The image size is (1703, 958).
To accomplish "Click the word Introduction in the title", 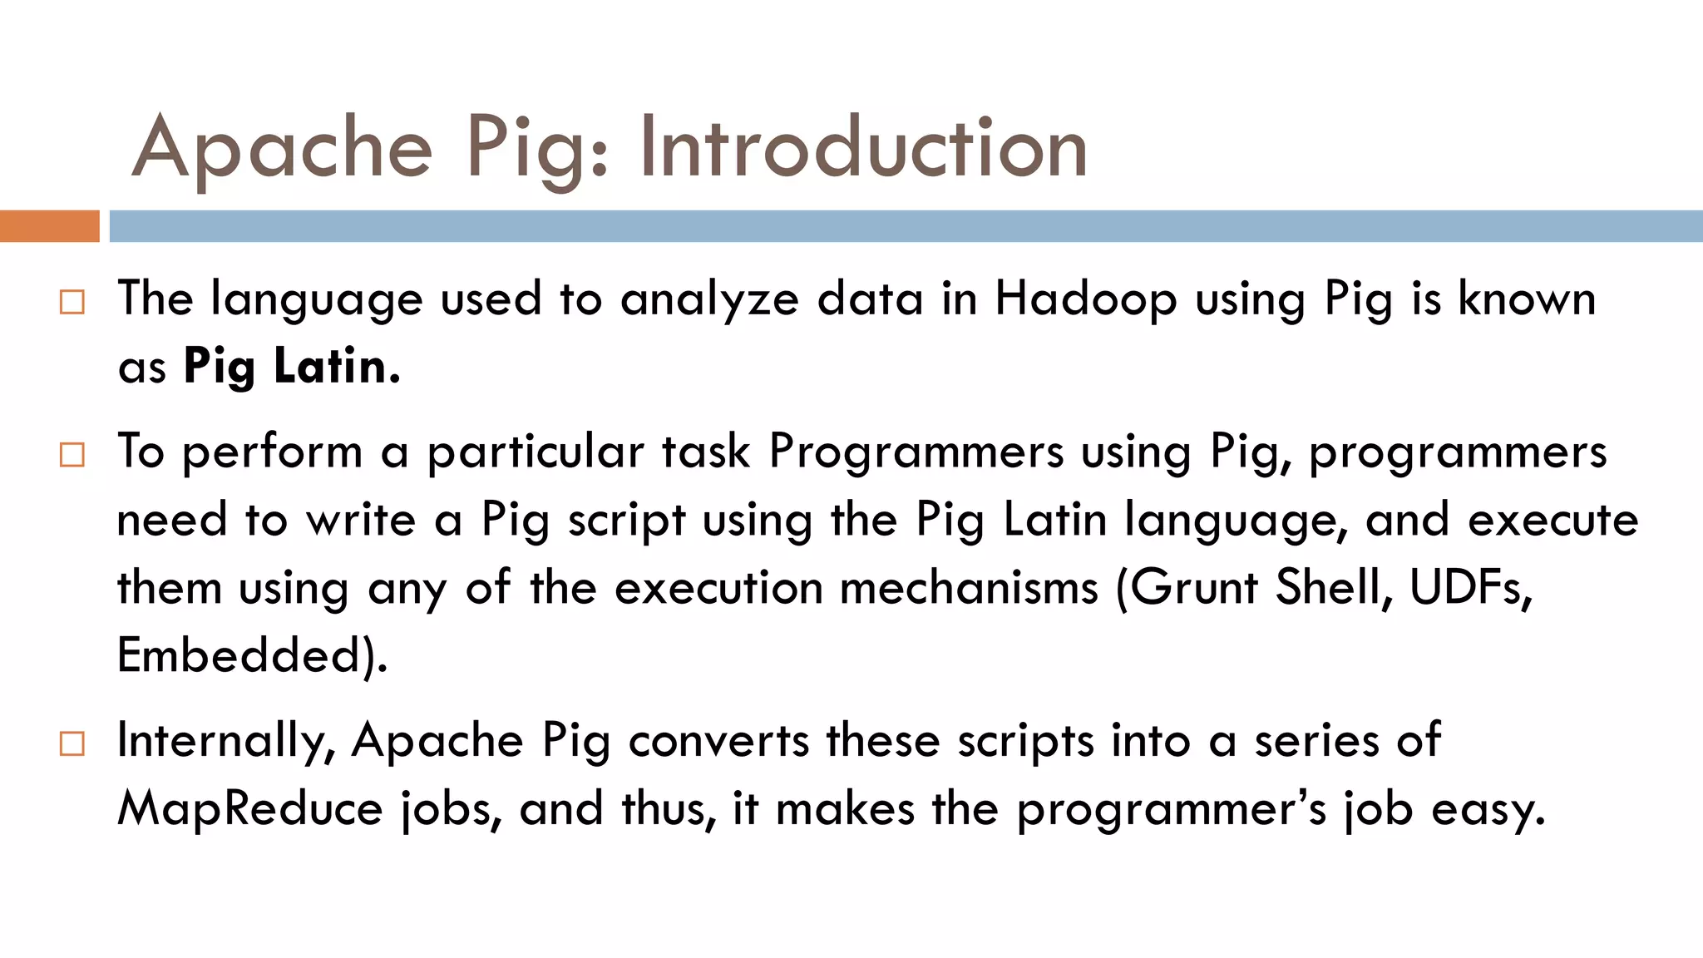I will tap(862, 148).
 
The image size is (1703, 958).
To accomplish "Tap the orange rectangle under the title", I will tap(49, 226).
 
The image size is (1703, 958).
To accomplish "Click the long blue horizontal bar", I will tap(906, 226).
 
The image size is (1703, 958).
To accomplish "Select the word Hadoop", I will tap(1085, 299).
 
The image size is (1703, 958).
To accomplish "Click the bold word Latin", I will tap(337, 366).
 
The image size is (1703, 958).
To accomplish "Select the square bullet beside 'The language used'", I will tap(72, 302).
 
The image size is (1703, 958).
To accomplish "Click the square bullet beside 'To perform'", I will tap(72, 455).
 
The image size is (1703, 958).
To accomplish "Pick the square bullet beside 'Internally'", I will tap(72, 743).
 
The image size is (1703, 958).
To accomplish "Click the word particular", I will tap(536, 453).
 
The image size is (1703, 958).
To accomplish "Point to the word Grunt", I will tap(1194, 588).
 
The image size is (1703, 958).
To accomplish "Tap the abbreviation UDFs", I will tap(1469, 588).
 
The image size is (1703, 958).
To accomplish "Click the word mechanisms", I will tap(969, 588).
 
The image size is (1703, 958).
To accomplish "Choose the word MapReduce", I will tap(249, 808).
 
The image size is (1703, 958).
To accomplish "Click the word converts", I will tap(718, 740).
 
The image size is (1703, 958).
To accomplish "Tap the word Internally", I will tap(225, 741).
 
